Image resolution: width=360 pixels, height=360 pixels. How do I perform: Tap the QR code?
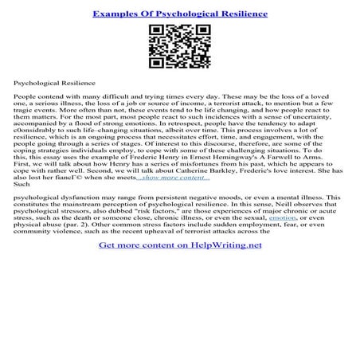[179, 47]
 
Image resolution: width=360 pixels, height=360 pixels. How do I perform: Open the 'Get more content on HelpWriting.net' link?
[180, 267]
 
